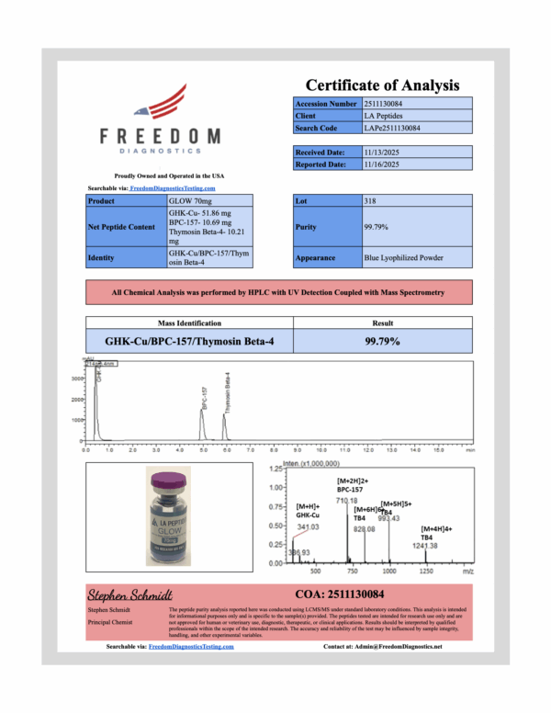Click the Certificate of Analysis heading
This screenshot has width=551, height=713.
pos(382,85)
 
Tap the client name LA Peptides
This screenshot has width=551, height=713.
pos(381,116)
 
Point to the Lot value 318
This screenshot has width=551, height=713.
pos(370,199)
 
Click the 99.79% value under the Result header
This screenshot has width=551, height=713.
pos(382,340)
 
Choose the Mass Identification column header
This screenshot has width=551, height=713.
pos(189,323)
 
